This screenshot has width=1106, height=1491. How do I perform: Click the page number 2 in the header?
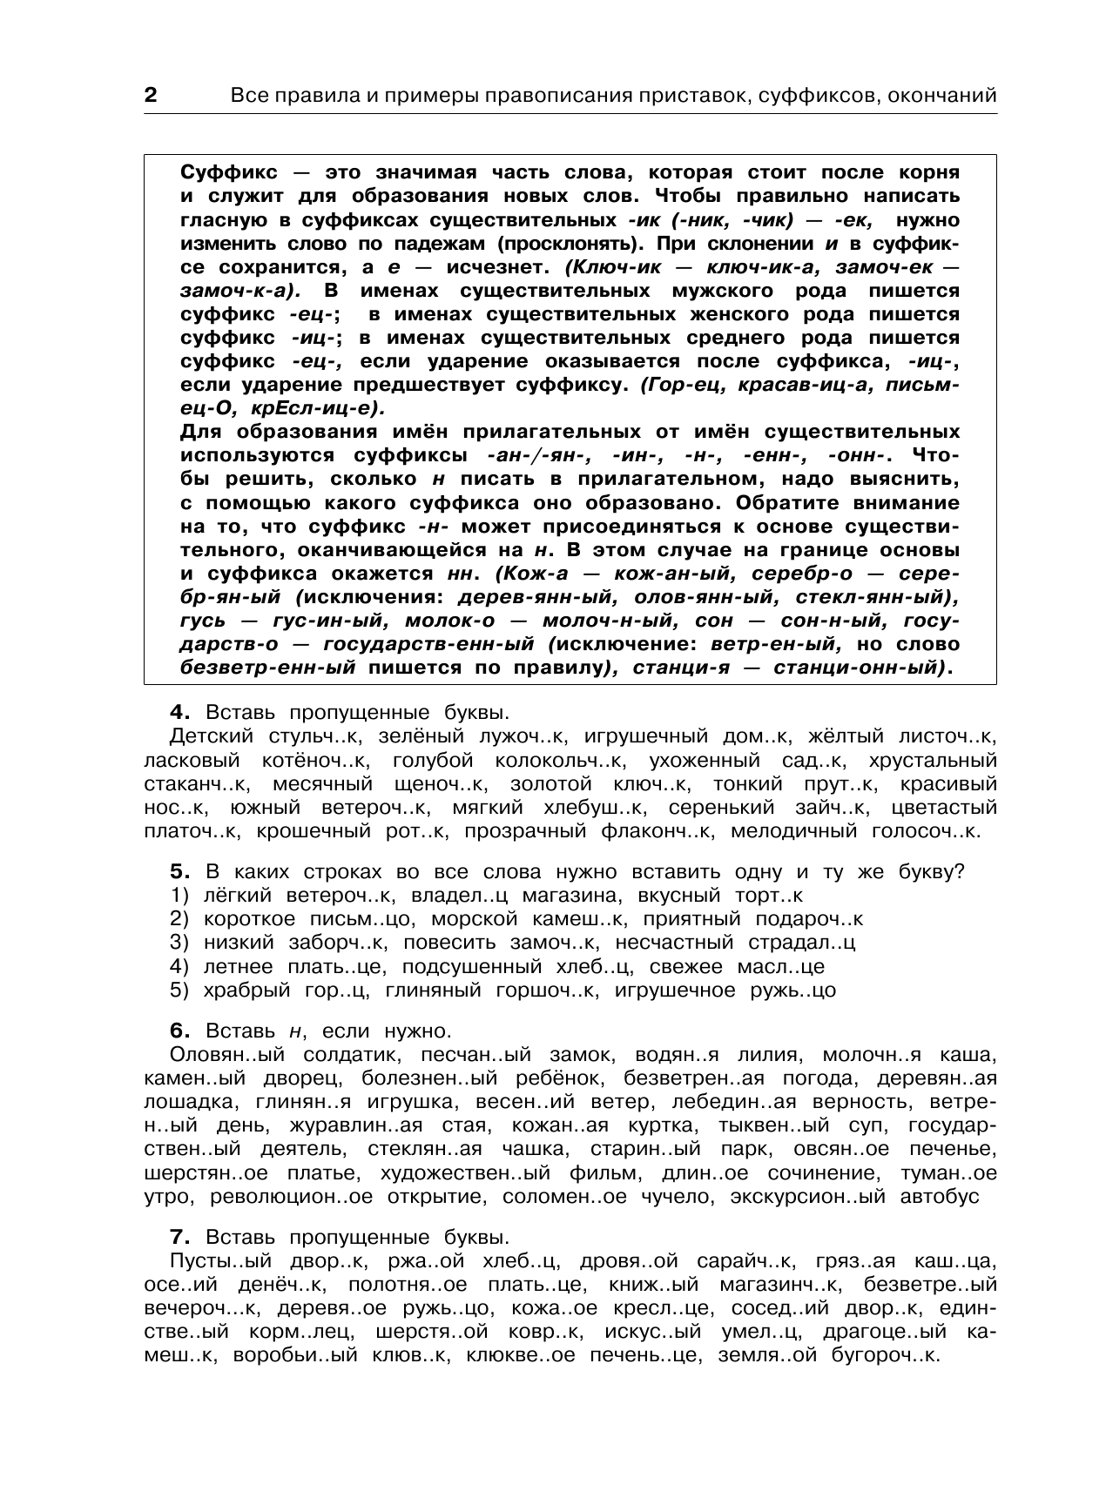coord(150,96)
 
